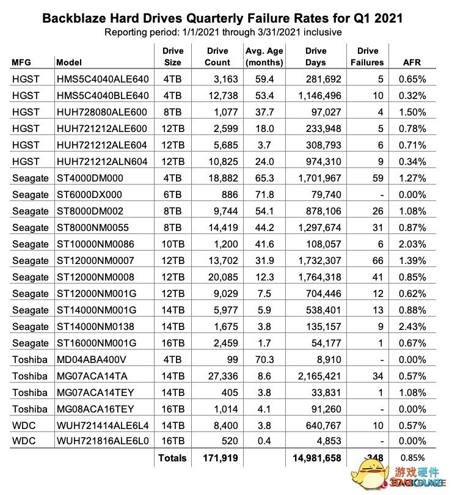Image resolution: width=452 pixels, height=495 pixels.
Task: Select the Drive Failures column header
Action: (x=367, y=56)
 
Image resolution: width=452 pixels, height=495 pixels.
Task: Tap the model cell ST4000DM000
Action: (x=90, y=178)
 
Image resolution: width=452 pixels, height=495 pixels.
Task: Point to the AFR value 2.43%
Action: (x=412, y=326)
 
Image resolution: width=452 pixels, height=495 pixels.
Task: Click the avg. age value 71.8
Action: (x=263, y=194)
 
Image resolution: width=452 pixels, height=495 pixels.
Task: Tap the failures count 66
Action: (x=377, y=260)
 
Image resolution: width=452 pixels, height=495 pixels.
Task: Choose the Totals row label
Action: (x=172, y=458)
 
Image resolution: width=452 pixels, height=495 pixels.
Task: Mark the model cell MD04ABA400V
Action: (x=91, y=359)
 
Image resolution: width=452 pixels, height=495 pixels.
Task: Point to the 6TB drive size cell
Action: (x=172, y=194)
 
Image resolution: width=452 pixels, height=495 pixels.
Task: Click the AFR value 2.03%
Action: (x=412, y=244)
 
